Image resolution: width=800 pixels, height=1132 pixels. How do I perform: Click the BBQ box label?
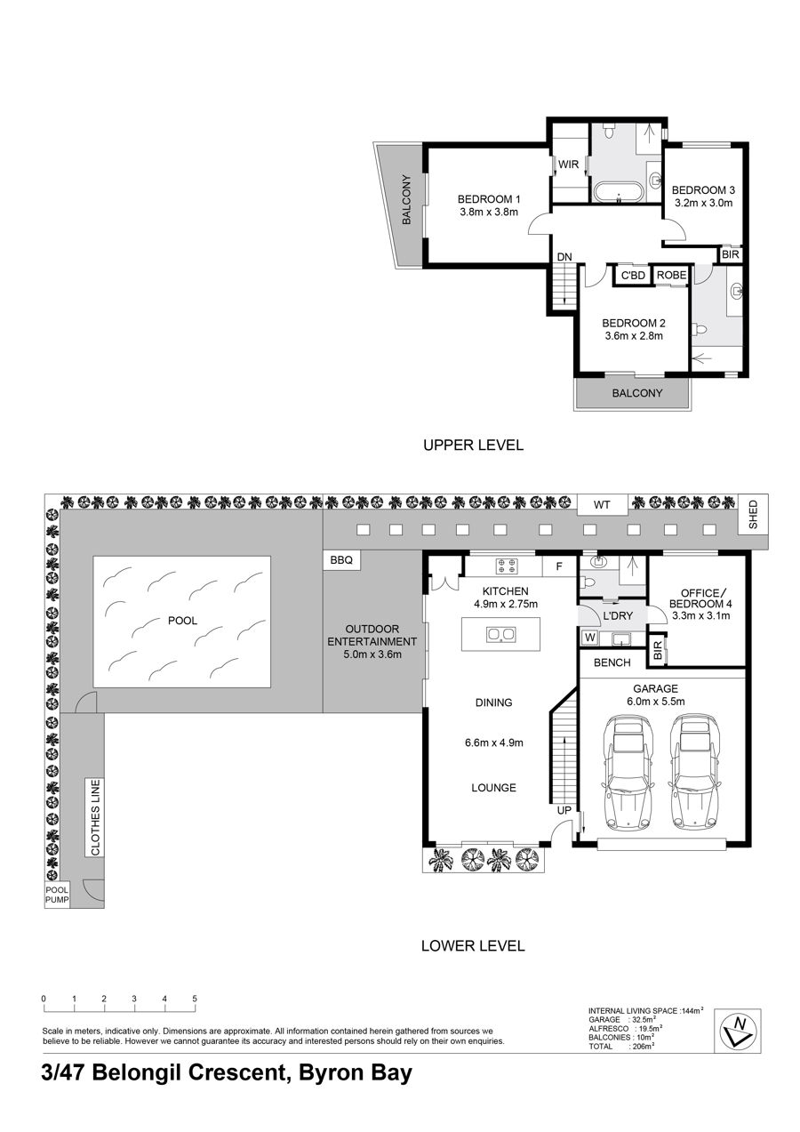pos(341,560)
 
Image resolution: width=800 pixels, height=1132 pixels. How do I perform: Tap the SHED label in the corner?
pos(753,515)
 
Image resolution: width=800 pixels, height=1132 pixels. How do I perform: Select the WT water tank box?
pos(602,505)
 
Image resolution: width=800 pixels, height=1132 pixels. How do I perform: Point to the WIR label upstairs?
pos(568,165)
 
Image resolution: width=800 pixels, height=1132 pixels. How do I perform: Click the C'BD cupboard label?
pos(633,276)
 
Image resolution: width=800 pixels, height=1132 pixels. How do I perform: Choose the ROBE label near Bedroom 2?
pos(671,275)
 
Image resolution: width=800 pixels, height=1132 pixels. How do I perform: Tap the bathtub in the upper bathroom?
pos(619,193)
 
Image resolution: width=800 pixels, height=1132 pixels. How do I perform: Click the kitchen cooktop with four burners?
pos(507,566)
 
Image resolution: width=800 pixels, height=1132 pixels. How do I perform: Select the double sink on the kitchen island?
pos(501,634)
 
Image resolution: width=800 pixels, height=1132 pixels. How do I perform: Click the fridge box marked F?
pos(559,566)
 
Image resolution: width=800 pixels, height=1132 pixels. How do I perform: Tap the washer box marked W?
pos(590,638)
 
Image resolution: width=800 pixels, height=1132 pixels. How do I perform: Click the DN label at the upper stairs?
pos(564,257)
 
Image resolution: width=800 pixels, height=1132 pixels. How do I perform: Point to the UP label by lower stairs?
pos(564,811)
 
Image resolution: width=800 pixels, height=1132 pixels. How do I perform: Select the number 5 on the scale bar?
pos(195,999)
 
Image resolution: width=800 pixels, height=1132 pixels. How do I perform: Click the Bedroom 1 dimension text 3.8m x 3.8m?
pos(489,213)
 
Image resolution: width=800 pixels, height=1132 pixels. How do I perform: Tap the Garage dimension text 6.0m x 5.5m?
pos(656,702)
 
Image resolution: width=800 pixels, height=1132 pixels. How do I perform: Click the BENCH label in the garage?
pos(612,662)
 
